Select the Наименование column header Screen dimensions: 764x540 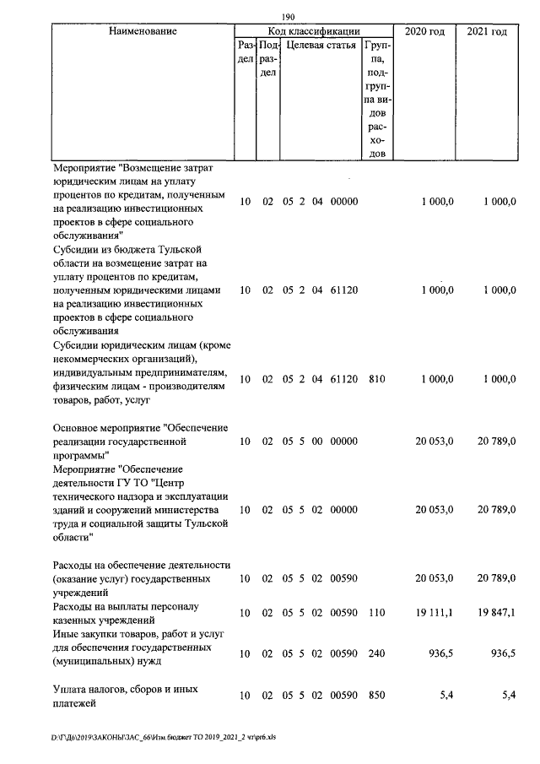(143, 31)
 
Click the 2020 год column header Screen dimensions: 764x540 (424, 31)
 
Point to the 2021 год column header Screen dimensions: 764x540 (487, 31)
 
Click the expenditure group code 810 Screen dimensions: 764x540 (376, 380)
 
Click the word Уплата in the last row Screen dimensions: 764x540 (71, 689)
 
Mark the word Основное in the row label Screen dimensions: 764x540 (78, 427)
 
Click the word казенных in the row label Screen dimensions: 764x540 (76, 620)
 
